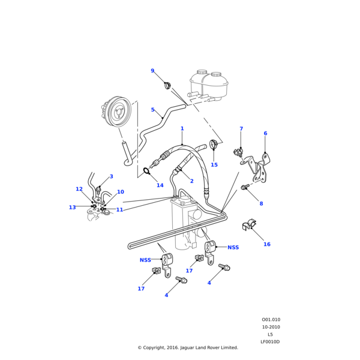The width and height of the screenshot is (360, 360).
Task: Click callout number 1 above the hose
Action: [x=182, y=128]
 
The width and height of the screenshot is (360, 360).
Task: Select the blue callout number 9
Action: [x=152, y=71]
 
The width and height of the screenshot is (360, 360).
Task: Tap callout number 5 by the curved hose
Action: [x=153, y=110]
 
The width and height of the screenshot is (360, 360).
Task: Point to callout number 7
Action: [x=241, y=128]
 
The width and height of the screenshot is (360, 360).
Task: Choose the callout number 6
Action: [x=265, y=133]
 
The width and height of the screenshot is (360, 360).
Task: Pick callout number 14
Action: [x=160, y=185]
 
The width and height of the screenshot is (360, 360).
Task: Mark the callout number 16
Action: [x=267, y=244]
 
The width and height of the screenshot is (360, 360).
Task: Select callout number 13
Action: [x=72, y=208]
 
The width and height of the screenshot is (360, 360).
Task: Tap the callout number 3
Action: [x=111, y=176]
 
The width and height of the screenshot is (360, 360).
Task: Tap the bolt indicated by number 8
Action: [x=245, y=188]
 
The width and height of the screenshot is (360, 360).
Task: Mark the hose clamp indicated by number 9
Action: [x=167, y=86]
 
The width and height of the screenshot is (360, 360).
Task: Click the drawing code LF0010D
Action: [x=270, y=342]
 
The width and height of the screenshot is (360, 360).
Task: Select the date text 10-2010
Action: [x=271, y=327]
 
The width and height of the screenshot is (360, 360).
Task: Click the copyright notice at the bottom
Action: [x=188, y=347]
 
